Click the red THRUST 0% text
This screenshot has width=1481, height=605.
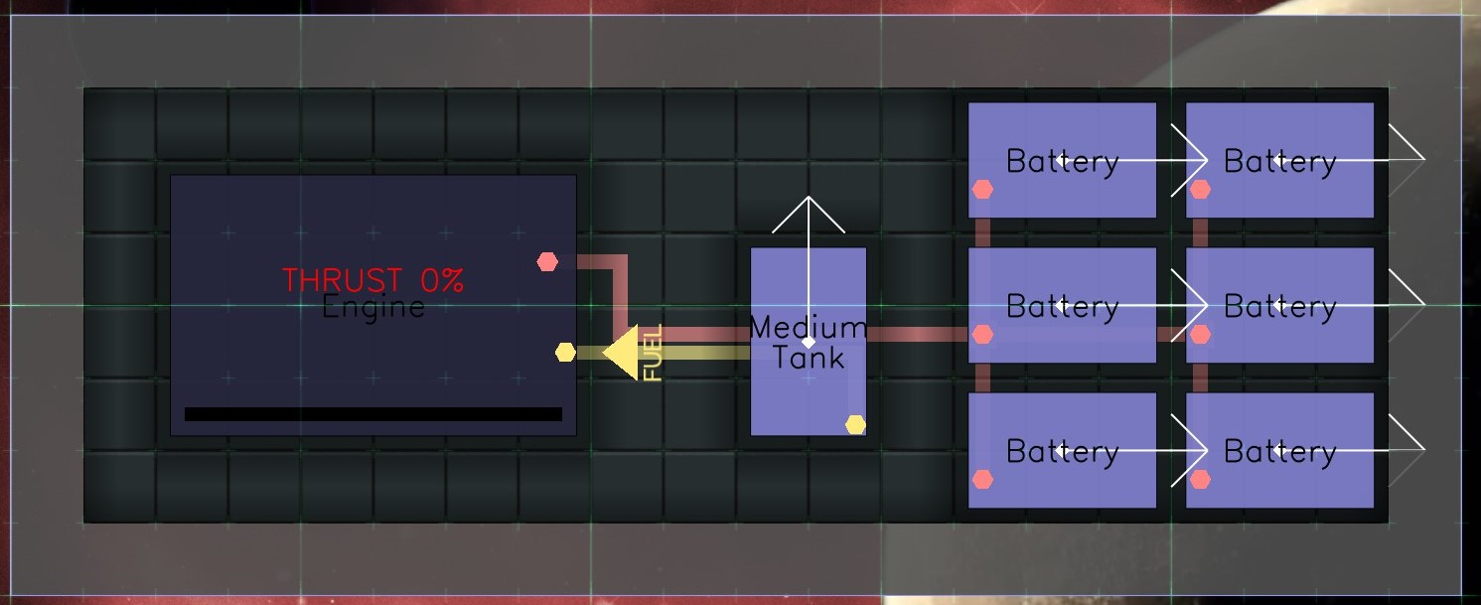pos(372,280)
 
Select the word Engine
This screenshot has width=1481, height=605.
pos(373,307)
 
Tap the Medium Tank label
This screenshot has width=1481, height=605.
pos(809,342)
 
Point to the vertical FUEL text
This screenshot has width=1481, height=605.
pos(653,353)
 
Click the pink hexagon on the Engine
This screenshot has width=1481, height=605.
pos(547,261)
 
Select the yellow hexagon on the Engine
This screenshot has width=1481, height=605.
pos(565,353)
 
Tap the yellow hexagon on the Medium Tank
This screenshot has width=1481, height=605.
pos(855,425)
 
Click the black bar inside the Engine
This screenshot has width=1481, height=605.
pos(373,414)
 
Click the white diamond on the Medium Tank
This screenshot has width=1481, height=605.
pos(809,342)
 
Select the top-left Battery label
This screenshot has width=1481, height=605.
pos(1062,161)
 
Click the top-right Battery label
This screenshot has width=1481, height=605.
pos(1279,161)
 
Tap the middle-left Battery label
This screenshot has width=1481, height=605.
pos(1062,306)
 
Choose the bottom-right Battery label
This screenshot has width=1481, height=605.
pos(1279,452)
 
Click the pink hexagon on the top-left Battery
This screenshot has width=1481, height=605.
pos(982,189)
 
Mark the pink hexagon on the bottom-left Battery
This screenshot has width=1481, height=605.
pos(982,480)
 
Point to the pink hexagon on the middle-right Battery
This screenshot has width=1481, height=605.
pos(1200,335)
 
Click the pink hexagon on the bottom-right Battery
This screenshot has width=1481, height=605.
pos(1200,480)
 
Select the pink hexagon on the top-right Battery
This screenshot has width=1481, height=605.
pos(1200,189)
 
